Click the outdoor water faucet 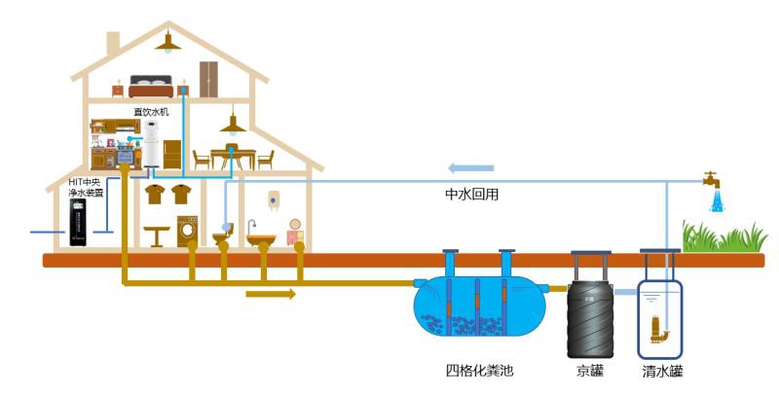coord(713,180)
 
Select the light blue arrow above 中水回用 coord(470,167)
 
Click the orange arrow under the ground coord(270,293)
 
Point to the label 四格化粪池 coord(478,371)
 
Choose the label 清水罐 coord(663,371)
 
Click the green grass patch coord(724,236)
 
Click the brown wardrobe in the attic coord(209,78)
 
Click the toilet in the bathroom coord(223,236)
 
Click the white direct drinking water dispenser coord(152,152)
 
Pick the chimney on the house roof coord(113,46)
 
